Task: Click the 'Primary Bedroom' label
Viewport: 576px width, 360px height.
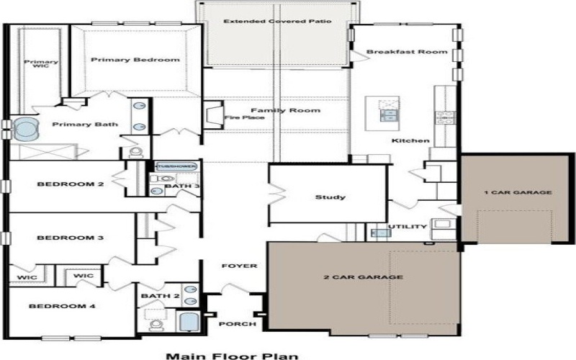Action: click(135, 60)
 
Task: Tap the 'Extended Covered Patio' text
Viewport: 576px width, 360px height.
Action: click(277, 22)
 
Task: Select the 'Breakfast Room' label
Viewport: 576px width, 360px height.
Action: click(407, 52)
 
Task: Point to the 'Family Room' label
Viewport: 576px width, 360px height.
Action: click(295, 110)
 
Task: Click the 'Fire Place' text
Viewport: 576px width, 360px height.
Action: click(240, 117)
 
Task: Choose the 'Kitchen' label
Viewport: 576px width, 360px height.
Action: click(410, 140)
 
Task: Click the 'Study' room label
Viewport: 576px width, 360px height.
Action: click(330, 197)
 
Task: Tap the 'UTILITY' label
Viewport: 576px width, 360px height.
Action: click(408, 227)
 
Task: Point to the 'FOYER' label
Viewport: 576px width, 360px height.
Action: click(239, 266)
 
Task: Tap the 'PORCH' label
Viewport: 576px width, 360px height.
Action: click(238, 324)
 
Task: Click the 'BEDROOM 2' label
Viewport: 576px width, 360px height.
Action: click(71, 184)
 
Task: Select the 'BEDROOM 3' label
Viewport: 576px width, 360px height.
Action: click(71, 238)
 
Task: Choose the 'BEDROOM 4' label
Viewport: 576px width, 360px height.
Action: click(62, 306)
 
